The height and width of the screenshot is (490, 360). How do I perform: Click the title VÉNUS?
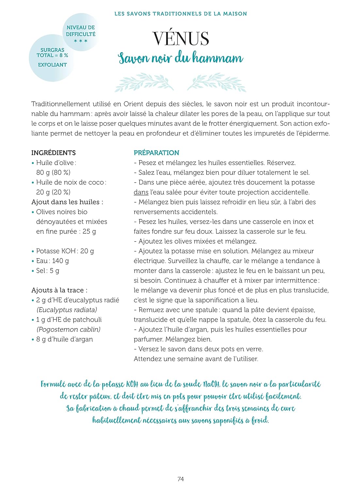pyautogui.click(x=180, y=39)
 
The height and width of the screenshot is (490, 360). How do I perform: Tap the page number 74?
pyautogui.click(x=180, y=479)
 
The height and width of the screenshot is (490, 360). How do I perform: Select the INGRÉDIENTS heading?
pyautogui.click(x=54, y=153)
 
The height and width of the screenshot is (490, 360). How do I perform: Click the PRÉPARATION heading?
pyautogui.click(x=156, y=153)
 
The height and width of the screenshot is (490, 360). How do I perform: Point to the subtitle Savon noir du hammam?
pyautogui.click(x=180, y=58)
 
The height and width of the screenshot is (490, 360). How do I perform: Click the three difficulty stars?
pyautogui.click(x=81, y=41)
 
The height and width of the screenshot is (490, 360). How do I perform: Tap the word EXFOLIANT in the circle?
pyautogui.click(x=52, y=65)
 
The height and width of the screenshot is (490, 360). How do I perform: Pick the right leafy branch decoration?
pyautogui.click(x=217, y=82)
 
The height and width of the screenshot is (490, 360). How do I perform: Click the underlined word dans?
pyautogui.click(x=141, y=192)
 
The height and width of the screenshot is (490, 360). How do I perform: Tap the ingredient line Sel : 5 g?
pyautogui.click(x=48, y=270)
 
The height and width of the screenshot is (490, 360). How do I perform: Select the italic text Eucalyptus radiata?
pyautogui.click(x=67, y=310)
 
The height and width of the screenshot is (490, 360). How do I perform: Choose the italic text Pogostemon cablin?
pyautogui.click(x=69, y=329)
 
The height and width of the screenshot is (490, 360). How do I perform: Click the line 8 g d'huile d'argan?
pyautogui.click(x=64, y=339)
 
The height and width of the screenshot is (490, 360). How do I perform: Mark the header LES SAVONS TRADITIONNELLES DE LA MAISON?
pyautogui.click(x=180, y=14)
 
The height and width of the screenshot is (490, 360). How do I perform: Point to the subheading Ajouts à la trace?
pyautogui.click(x=59, y=290)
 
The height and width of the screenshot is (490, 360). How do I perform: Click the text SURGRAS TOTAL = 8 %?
pyautogui.click(x=52, y=53)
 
